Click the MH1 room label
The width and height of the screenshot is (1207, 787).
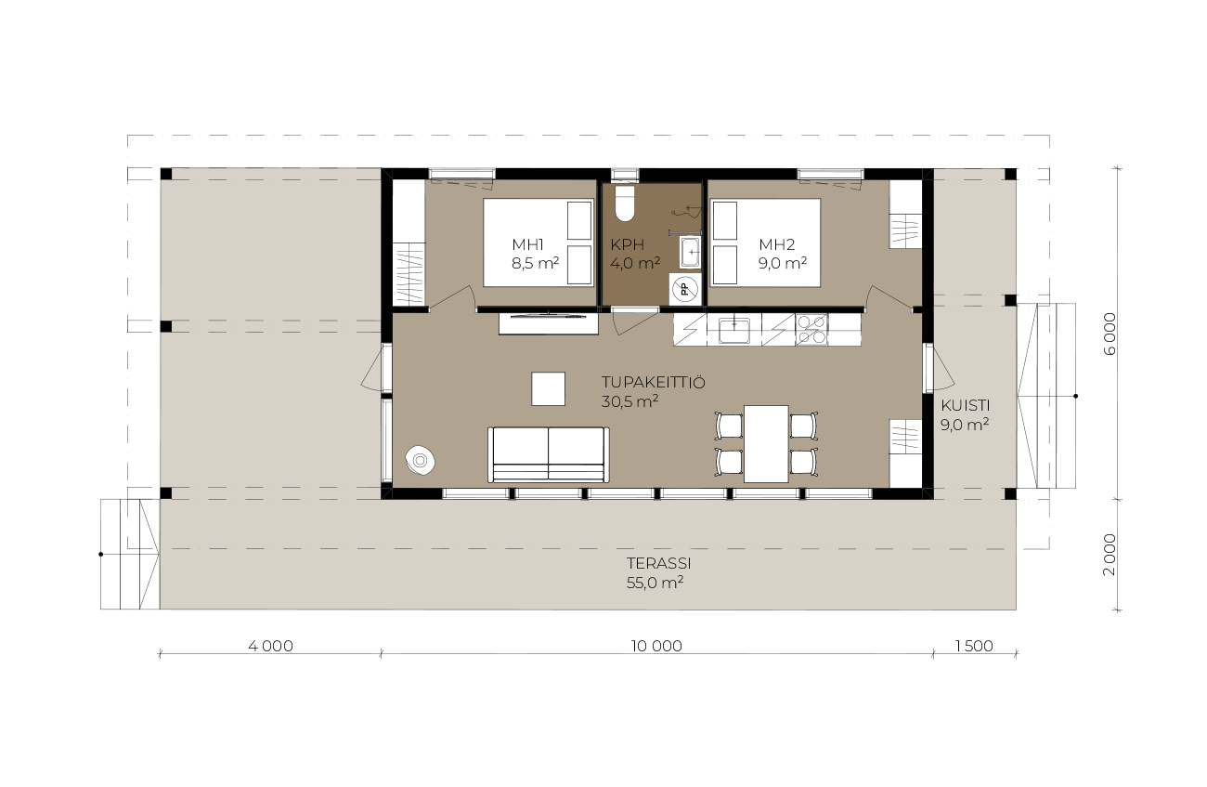point(527,244)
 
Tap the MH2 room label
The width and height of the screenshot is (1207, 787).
point(776,244)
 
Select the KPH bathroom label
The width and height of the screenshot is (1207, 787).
point(628,244)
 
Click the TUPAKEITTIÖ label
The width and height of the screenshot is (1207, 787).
point(653,383)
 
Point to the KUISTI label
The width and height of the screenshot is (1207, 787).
point(965,406)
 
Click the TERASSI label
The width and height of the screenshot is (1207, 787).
point(658,563)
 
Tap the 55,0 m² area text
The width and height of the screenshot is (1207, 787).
point(655,583)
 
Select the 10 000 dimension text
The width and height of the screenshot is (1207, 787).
point(656,646)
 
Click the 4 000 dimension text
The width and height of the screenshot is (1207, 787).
point(270,646)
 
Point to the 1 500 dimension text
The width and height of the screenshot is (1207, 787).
point(974,646)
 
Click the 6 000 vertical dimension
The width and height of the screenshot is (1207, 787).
point(1110,334)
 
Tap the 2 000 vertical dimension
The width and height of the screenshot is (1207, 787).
point(1110,555)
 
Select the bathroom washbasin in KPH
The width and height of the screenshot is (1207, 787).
point(690,253)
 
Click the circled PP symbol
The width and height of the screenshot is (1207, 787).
point(685,290)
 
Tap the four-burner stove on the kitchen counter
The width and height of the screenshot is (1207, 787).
point(811,330)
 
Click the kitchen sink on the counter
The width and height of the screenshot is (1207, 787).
point(733,330)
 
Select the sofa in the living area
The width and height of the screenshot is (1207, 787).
point(549,454)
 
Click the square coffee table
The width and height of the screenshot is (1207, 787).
point(548,388)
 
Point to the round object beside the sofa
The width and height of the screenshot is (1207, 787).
point(421,461)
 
